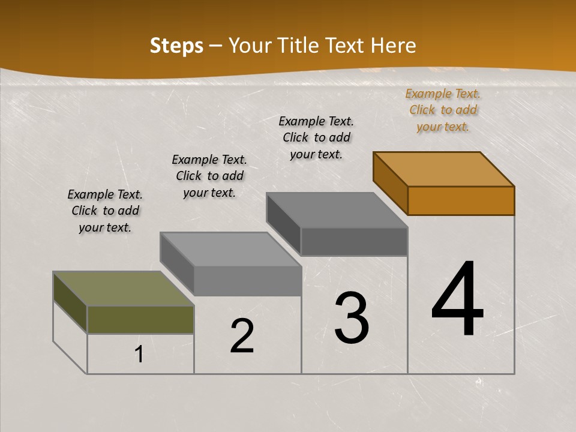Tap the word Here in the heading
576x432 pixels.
(x=395, y=46)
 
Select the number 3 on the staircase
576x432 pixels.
(x=351, y=317)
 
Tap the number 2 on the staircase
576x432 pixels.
(x=242, y=336)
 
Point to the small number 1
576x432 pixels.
(x=139, y=355)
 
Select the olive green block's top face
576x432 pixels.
(x=123, y=289)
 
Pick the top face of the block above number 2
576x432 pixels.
(x=230, y=249)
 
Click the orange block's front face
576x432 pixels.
(x=461, y=200)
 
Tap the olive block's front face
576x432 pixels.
(x=140, y=319)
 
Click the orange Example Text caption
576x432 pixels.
(x=443, y=110)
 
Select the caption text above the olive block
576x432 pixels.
(x=105, y=211)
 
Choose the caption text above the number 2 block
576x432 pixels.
(x=209, y=176)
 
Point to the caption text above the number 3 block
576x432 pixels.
(x=316, y=137)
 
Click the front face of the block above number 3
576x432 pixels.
(x=354, y=241)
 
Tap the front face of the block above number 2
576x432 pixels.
(x=247, y=280)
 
